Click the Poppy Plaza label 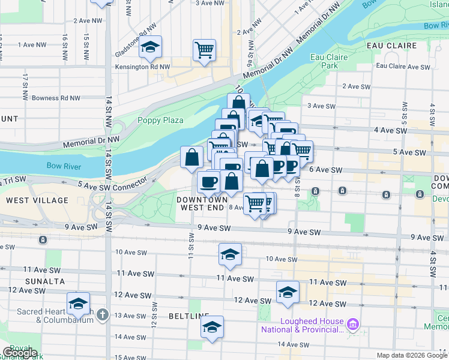pyautogui.click(x=160, y=120)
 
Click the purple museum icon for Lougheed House pyautogui.click(x=352, y=325)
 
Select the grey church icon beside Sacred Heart pyautogui.click(x=103, y=315)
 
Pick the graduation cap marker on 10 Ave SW pyautogui.click(x=230, y=254)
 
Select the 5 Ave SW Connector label pyautogui.click(x=112, y=186)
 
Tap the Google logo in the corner pyautogui.click(x=20, y=353)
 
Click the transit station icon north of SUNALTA pyautogui.click(x=43, y=240)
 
